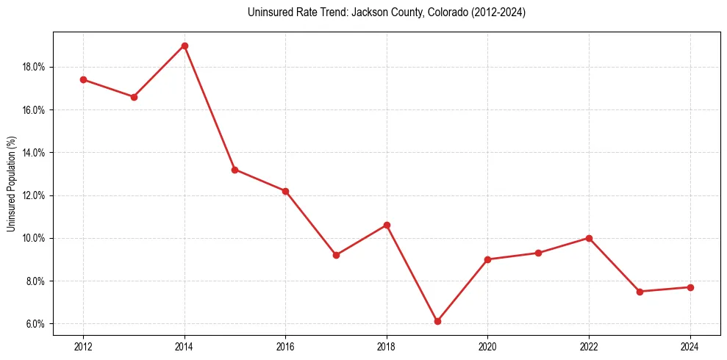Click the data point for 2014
pyautogui.click(x=185, y=46)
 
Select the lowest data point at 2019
pyautogui.click(x=437, y=321)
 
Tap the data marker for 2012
pyautogui.click(x=83, y=79)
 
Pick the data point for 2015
pyautogui.click(x=235, y=170)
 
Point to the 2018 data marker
pyautogui.click(x=387, y=225)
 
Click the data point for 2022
pyautogui.click(x=589, y=238)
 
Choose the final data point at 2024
pyautogui.click(x=690, y=287)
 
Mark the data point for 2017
pyautogui.click(x=336, y=255)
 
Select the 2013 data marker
pyautogui.click(x=134, y=97)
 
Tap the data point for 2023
pyautogui.click(x=640, y=292)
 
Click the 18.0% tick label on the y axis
pyautogui.click(x=34, y=67)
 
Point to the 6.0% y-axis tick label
pyautogui.click(x=35, y=324)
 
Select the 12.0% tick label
pyautogui.click(x=34, y=195)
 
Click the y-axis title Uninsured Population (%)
pyautogui.click(x=12, y=184)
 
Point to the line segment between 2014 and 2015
pyautogui.click(x=209, y=107)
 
